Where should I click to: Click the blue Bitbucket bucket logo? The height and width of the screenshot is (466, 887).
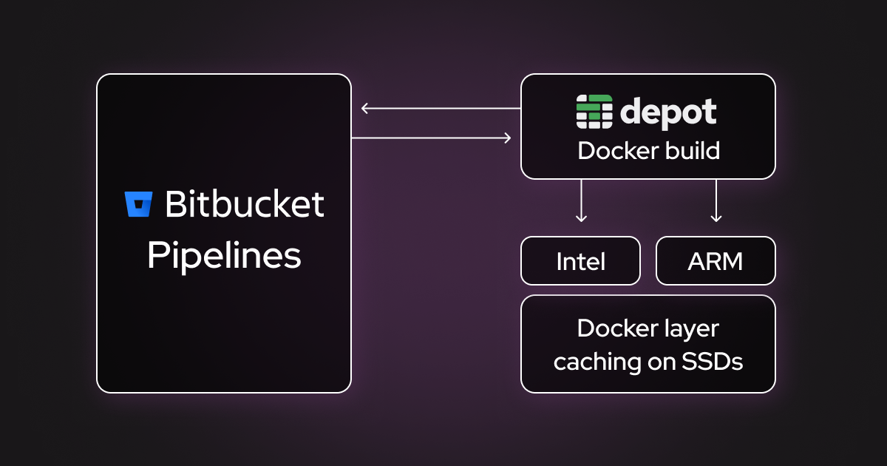click(x=138, y=204)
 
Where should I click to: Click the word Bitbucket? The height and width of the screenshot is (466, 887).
click(x=244, y=204)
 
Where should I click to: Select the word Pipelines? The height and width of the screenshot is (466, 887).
click(x=224, y=256)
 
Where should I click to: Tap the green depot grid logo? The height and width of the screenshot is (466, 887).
click(x=594, y=112)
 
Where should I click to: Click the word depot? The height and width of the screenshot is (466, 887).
click(x=667, y=112)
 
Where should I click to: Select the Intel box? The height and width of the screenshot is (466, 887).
click(x=580, y=261)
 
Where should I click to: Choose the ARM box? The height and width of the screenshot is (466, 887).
click(x=716, y=261)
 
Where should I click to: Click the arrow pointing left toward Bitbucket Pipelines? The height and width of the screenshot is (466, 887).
click(x=441, y=109)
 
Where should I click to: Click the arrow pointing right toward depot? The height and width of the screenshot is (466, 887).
click(x=432, y=138)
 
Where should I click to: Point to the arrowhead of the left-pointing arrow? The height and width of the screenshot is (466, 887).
click(x=364, y=109)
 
